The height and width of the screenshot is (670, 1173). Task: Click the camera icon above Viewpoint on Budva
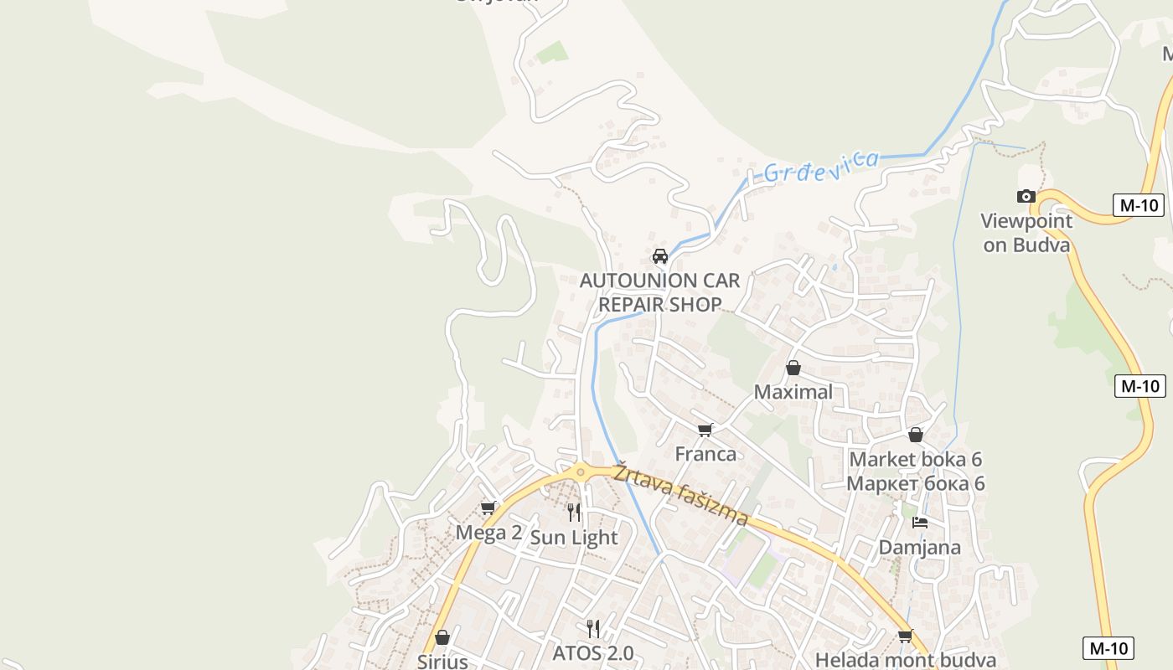1026,196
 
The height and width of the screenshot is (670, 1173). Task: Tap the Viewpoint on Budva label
1026,233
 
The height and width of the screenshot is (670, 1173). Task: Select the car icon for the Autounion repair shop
660,255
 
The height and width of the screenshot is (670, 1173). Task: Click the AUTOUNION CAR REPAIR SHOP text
660,292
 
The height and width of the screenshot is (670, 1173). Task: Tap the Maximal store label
793,392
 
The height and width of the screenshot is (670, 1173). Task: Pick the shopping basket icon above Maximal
793,368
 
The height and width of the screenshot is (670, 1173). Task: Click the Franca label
706,454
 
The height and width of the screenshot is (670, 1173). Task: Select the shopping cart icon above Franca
705,430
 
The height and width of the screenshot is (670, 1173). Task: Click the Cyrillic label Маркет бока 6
916,484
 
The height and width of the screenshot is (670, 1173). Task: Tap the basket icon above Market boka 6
916,435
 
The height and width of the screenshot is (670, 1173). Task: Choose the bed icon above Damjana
920,523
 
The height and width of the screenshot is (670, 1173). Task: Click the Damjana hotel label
920,548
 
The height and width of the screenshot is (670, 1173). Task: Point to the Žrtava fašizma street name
680,495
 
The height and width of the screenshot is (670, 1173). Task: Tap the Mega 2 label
488,533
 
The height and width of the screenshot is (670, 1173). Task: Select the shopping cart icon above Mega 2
488,508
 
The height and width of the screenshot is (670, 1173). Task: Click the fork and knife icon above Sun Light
574,512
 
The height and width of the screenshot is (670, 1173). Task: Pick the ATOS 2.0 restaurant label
593,653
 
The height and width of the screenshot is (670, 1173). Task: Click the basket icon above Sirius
442,637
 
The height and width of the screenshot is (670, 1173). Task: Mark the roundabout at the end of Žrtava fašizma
579,472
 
